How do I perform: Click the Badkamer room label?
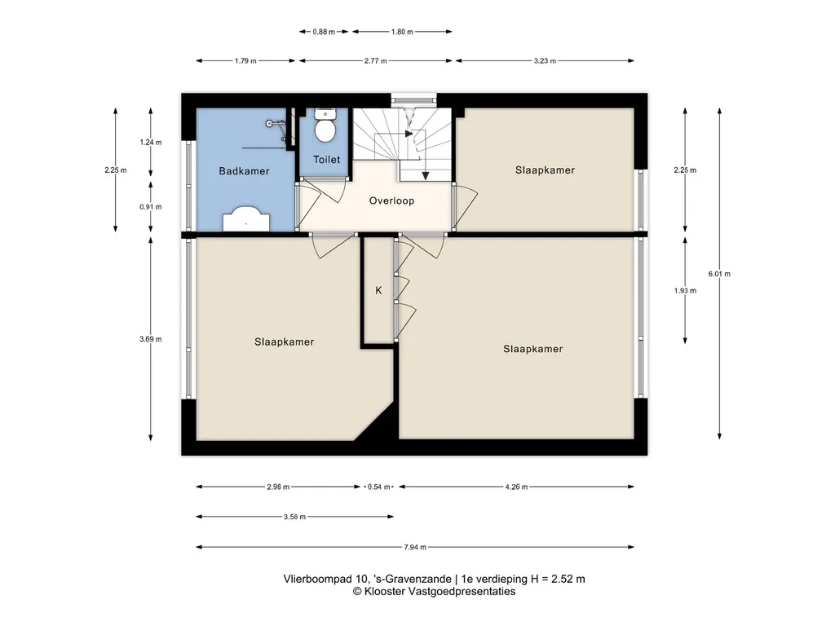(244, 171)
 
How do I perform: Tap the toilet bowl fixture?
(325, 131)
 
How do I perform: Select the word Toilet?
(326, 159)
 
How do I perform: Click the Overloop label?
(391, 201)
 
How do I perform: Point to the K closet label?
(378, 290)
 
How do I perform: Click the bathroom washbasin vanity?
(246, 219)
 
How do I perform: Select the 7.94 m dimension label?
(415, 547)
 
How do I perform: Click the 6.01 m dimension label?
(719, 274)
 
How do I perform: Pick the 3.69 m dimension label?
(151, 339)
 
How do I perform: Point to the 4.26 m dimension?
(516, 487)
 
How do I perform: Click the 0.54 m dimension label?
(378, 487)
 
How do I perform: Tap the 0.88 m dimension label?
(324, 32)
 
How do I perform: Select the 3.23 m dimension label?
(545, 60)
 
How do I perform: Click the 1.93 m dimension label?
(685, 291)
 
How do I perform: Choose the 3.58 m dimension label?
(294, 516)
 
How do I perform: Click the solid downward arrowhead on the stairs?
(426, 176)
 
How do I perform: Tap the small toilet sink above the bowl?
(325, 114)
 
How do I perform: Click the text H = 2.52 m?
(558, 579)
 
